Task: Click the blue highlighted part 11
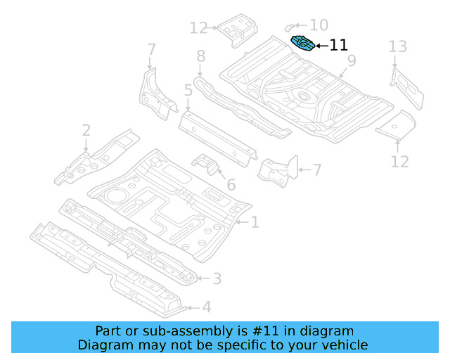tap(304, 44)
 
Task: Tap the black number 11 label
tap(338, 46)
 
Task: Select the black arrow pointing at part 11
tap(321, 46)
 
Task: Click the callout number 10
tap(319, 25)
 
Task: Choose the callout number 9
tap(351, 61)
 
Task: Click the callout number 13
tap(398, 47)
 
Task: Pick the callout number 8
tap(200, 56)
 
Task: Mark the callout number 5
tap(188, 90)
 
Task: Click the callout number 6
tap(231, 186)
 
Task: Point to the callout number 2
tap(86, 130)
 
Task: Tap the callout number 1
tap(255, 223)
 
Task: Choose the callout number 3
tap(217, 279)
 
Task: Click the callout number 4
tap(206, 307)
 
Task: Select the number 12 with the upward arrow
tap(399, 162)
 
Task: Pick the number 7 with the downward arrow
tap(151, 49)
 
